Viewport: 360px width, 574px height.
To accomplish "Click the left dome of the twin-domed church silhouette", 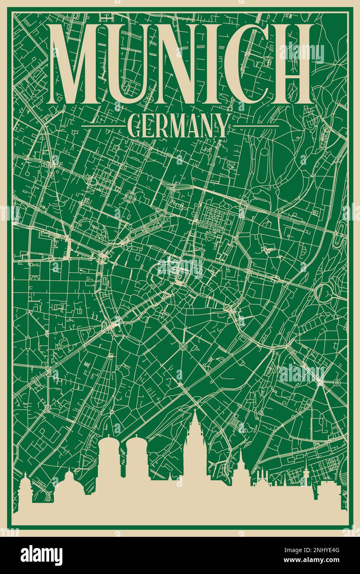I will point(109,448).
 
